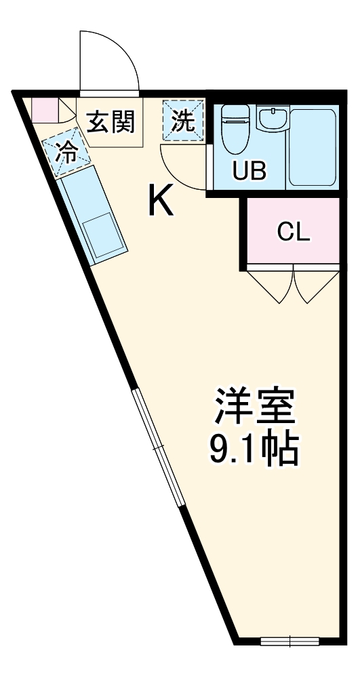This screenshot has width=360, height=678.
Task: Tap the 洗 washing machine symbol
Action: pyautogui.click(x=183, y=121)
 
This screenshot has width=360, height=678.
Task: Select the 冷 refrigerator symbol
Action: pyautogui.click(x=66, y=151)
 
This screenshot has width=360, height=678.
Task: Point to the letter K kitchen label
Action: pyautogui.click(x=161, y=200)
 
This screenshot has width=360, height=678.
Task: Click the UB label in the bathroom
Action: pyautogui.click(x=249, y=171)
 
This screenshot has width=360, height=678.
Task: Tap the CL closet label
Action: pyautogui.click(x=294, y=232)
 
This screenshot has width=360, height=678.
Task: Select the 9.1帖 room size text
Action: pyautogui.click(x=254, y=450)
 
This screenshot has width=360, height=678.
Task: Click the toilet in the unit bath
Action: pyautogui.click(x=235, y=129)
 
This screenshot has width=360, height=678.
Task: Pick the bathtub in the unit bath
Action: pyautogui.click(x=313, y=146)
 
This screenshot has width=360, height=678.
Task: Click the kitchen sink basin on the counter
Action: pyautogui.click(x=104, y=235)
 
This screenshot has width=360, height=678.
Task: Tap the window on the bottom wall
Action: pyautogui.click(x=289, y=641)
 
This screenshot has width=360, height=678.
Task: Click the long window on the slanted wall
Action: pyautogui.click(x=158, y=447)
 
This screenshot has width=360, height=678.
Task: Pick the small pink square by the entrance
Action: pyautogui.click(x=43, y=109)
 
